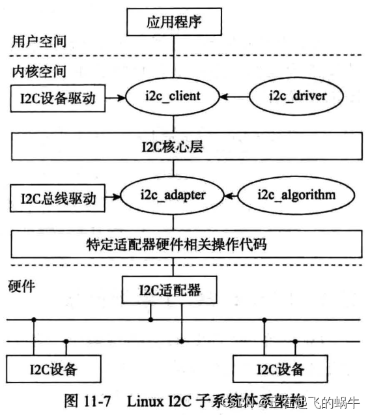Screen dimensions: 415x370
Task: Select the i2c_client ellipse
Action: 173,98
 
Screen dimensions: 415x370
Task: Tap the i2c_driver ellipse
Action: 296,98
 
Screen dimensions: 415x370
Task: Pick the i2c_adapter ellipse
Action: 173,195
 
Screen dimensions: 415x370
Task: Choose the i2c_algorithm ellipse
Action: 296,195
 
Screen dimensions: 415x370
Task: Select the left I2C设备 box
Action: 53,369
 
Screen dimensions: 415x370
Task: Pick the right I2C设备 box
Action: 280,369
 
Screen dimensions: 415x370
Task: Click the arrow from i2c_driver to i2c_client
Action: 234,98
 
